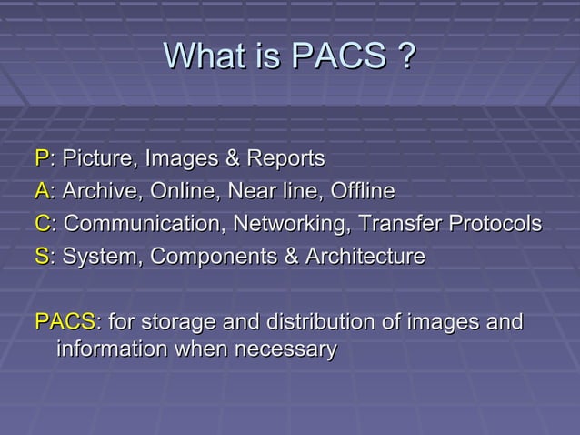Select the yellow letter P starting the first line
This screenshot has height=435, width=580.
point(41,159)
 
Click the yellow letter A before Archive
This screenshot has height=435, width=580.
point(41,192)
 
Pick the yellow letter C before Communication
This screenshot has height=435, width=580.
point(42,224)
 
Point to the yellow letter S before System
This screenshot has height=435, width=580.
point(41,257)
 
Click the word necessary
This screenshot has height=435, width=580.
point(286,349)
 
